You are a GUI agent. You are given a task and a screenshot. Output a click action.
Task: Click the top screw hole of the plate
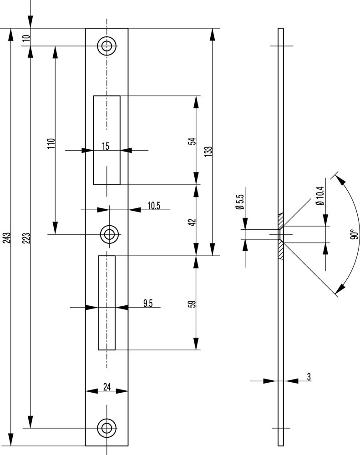[107, 45]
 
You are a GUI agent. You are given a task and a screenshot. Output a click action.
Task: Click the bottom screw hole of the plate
[107, 428]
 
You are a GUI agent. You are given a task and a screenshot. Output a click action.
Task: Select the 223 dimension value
[26, 239]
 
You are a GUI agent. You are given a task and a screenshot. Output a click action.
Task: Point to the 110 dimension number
[51, 143]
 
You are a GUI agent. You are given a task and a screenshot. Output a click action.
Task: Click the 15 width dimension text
[106, 146]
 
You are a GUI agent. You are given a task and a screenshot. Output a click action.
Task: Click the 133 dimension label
[208, 152]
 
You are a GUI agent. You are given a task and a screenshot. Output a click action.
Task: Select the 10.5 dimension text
[153, 206]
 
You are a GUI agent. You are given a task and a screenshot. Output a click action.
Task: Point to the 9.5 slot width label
[147, 303]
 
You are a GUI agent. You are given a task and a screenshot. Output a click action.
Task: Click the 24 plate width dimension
[107, 387]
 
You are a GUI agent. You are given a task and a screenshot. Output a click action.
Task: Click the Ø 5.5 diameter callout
[240, 202]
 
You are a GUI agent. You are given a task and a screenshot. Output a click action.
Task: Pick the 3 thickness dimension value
[309, 377]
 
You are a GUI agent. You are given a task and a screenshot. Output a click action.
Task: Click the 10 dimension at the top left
[26, 37]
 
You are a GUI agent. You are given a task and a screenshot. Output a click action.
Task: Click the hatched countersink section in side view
[281, 249]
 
